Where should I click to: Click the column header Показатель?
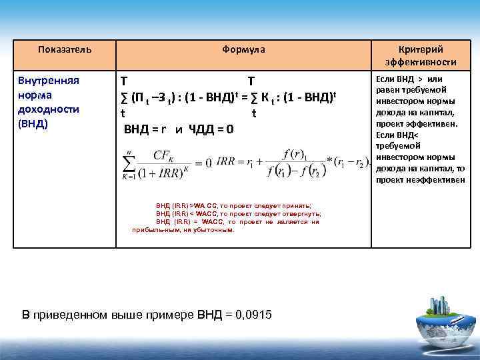click(x=65, y=49)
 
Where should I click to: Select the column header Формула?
click(x=243, y=49)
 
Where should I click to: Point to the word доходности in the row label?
click(x=49, y=109)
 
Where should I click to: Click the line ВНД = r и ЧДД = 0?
click(x=179, y=129)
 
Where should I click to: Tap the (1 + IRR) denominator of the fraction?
click(x=163, y=173)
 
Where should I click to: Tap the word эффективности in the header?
click(x=420, y=62)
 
